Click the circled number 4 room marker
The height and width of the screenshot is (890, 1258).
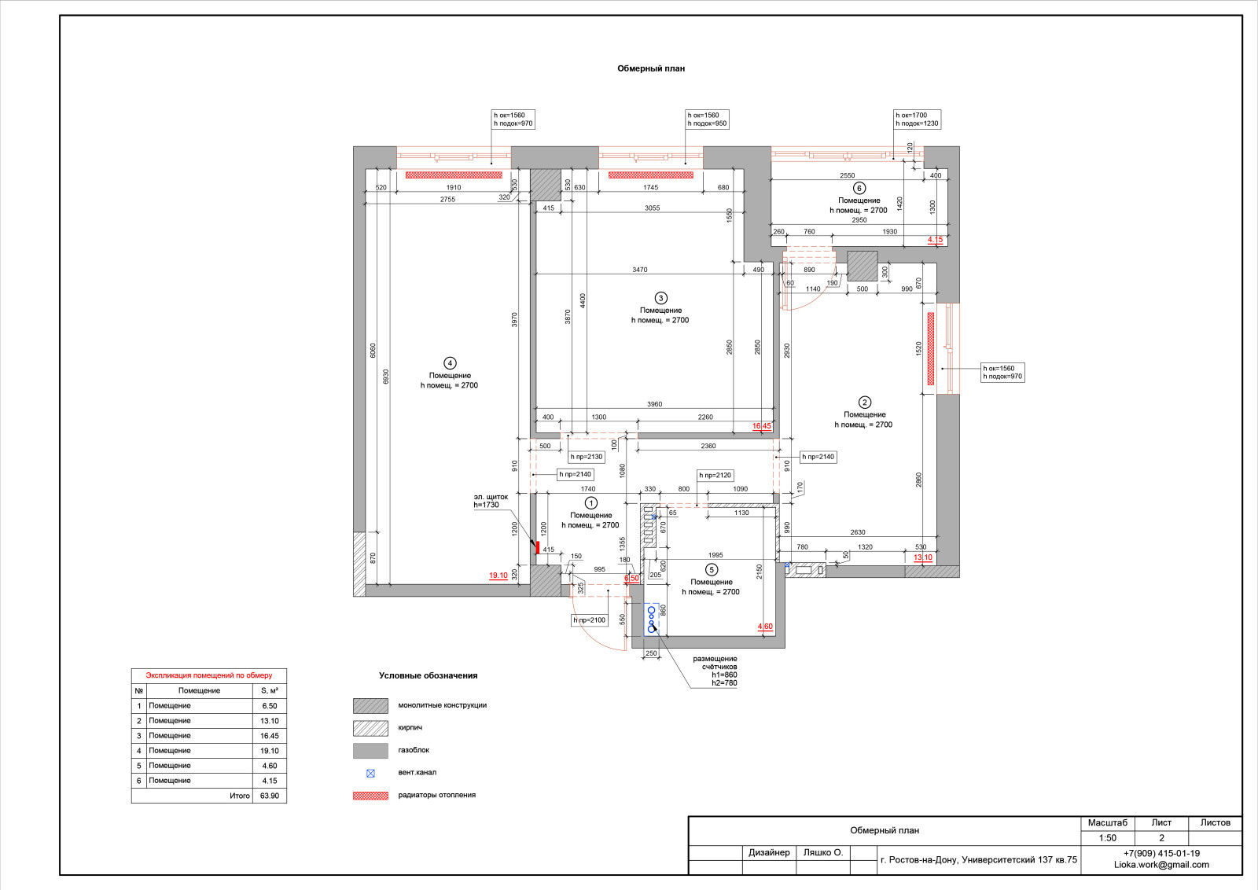click(449, 363)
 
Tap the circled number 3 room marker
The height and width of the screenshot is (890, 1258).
click(660, 298)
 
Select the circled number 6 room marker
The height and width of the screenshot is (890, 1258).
click(859, 188)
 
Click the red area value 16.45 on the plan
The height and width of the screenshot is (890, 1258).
click(762, 426)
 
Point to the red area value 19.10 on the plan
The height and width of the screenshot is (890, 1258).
click(498, 576)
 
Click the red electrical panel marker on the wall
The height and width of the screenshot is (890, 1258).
click(538, 547)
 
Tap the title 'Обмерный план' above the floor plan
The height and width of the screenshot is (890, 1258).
click(651, 68)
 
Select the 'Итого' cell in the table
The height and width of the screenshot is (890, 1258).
click(240, 796)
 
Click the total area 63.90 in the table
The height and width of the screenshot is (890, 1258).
click(270, 796)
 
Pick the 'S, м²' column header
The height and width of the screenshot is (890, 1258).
click(270, 690)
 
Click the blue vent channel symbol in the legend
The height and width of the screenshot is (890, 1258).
click(370, 773)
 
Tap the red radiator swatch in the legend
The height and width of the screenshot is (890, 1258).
click(370, 796)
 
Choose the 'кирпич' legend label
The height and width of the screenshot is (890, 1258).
click(410, 728)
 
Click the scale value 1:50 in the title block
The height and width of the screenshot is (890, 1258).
click(1108, 838)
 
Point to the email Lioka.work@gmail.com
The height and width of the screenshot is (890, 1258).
click(1161, 865)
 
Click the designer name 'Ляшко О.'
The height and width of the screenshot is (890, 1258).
click(822, 852)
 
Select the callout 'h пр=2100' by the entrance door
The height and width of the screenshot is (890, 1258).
click(589, 620)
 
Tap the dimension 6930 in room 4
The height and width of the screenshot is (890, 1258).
click(386, 377)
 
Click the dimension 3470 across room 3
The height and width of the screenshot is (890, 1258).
click(640, 270)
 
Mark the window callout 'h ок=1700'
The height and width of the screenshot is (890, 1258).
click(911, 115)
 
